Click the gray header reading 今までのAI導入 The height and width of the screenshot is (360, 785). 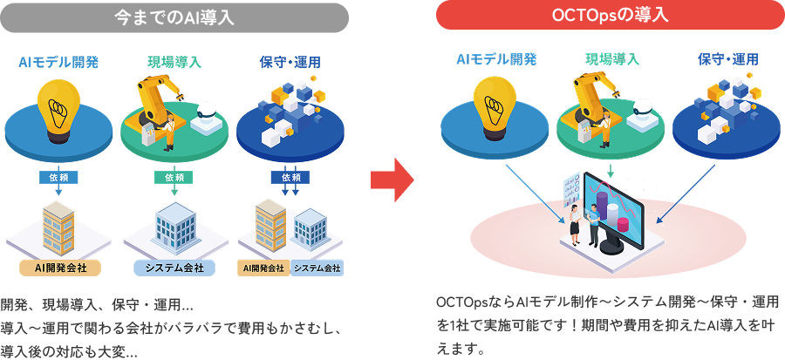(174, 17)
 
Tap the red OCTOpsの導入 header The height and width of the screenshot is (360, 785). (610, 17)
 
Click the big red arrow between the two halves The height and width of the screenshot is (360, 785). (391, 179)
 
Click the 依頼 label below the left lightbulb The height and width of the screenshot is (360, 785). (59, 177)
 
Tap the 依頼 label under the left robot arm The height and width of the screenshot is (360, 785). (174, 177)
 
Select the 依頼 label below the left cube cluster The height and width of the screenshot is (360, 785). (290, 177)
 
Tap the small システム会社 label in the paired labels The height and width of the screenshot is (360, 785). (317, 268)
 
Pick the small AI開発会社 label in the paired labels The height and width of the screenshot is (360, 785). (263, 268)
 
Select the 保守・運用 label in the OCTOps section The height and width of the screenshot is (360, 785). (727, 59)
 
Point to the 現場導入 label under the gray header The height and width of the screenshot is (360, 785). (174, 63)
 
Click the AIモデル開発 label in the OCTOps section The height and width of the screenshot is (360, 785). (496, 59)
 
